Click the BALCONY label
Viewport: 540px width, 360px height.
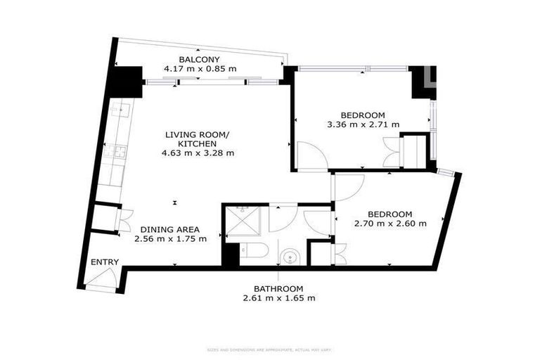click(200, 59)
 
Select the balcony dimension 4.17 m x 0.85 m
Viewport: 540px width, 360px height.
click(200, 69)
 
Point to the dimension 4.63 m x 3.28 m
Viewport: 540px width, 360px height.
click(200, 152)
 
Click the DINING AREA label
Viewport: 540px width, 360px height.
click(169, 229)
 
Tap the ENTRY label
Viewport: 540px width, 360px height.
click(105, 262)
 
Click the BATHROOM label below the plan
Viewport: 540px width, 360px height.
click(278, 289)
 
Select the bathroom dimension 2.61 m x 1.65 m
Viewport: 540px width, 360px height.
click(278, 298)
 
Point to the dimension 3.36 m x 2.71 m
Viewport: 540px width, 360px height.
click(363, 124)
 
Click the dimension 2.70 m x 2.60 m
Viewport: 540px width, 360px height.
click(390, 224)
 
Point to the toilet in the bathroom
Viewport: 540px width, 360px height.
click(249, 250)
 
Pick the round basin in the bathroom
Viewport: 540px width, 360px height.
click(289, 257)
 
